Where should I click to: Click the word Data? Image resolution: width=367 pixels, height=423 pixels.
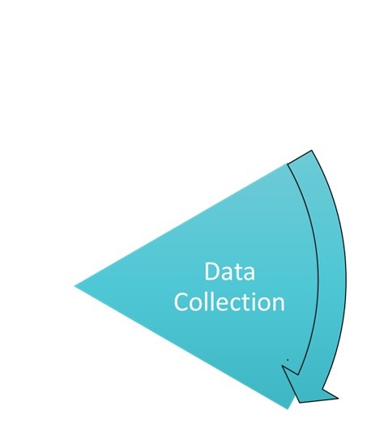click(229, 271)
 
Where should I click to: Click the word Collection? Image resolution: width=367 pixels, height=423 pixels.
click(229, 301)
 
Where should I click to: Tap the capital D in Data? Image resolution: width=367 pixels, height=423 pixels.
click(212, 271)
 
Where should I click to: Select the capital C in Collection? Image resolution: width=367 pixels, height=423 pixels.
click(181, 302)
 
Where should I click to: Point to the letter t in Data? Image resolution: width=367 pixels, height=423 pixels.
click(236, 272)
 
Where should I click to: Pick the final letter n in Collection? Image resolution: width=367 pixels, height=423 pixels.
click(279, 304)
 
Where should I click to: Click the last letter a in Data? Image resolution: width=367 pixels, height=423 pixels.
click(249, 274)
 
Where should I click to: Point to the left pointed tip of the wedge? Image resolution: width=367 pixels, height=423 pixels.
click(75, 286)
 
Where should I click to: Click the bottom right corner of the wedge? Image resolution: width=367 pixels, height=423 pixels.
click(288, 408)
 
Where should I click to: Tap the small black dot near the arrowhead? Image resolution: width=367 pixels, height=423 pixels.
click(288, 360)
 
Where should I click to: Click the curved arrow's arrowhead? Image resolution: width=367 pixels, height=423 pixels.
click(308, 387)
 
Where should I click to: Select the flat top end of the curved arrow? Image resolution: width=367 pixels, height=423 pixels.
click(299, 157)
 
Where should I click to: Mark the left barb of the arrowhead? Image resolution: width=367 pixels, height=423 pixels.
click(283, 366)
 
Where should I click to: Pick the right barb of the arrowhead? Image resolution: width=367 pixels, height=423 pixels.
click(338, 398)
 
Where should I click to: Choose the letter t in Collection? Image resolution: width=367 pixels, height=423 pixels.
click(245, 302)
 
